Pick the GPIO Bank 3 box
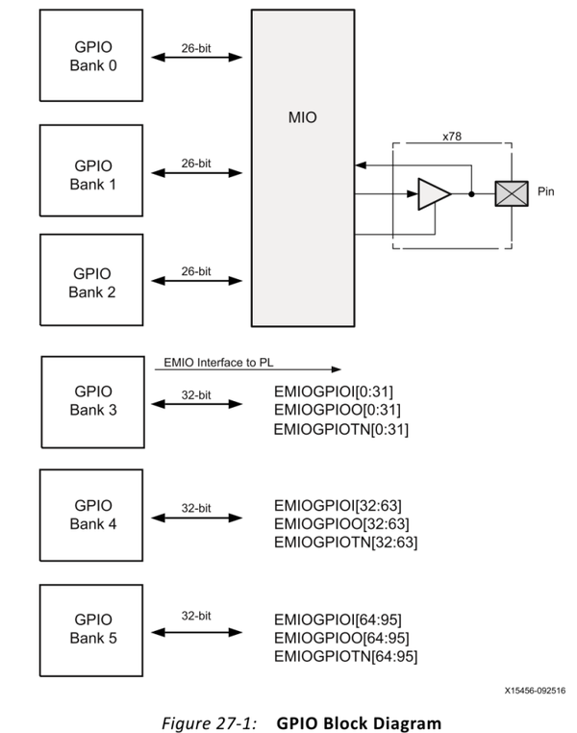point(91,401)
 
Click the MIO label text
point(302,119)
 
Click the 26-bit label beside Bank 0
point(196,46)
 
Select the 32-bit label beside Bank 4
point(196,506)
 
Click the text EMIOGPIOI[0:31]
point(333,392)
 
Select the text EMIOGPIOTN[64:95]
point(345,656)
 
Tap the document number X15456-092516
point(533,690)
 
